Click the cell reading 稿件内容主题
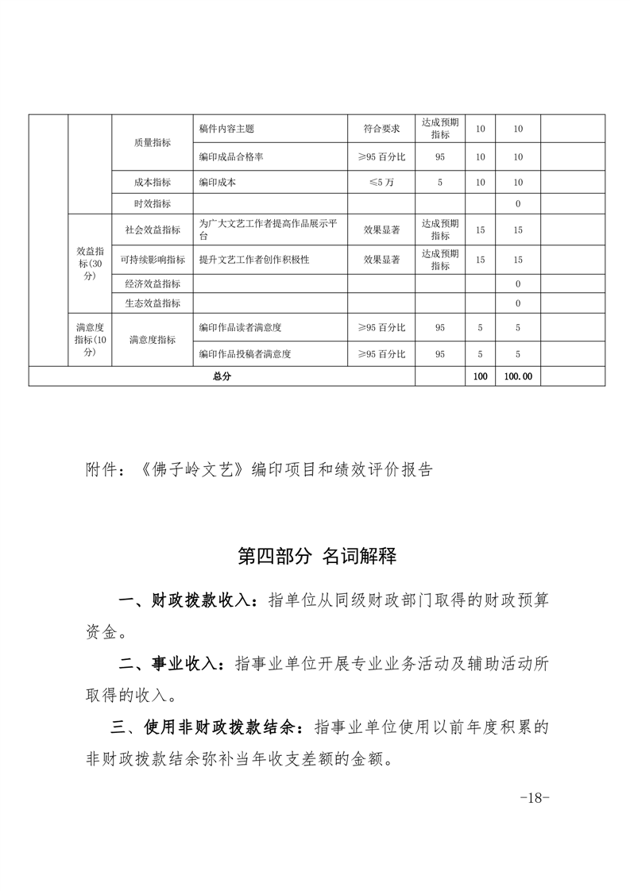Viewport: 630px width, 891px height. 226,129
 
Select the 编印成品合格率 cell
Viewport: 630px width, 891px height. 231,157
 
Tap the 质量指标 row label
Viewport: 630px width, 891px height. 152,143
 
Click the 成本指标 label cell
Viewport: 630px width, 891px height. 152,182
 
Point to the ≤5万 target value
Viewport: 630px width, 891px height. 381,182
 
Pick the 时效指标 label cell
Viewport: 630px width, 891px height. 152,204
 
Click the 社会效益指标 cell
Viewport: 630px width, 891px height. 152,230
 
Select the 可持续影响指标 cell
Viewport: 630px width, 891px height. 152,260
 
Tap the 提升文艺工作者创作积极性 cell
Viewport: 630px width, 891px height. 254,260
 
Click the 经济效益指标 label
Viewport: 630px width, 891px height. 152,283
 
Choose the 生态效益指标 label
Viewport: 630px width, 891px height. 152,303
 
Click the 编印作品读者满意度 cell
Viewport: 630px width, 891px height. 241,327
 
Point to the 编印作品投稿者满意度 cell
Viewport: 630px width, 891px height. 245,354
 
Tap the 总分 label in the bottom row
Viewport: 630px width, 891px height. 222,377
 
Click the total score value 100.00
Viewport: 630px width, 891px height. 518,377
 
